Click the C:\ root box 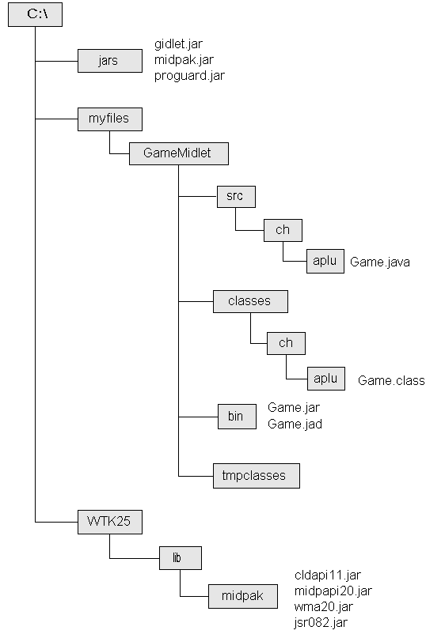click(x=35, y=14)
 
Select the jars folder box click(x=110, y=61)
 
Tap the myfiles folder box click(x=110, y=119)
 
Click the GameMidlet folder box click(x=179, y=153)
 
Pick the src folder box click(x=236, y=197)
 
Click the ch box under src click(x=283, y=230)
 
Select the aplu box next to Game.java click(x=325, y=261)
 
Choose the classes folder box click(x=250, y=301)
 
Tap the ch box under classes click(x=286, y=343)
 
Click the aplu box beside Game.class click(x=326, y=379)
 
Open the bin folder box click(x=237, y=417)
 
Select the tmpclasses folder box click(x=257, y=476)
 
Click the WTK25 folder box click(x=110, y=522)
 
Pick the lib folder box click(x=181, y=558)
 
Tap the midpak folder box click(x=243, y=596)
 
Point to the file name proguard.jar click(x=189, y=76)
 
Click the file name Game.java click(x=380, y=262)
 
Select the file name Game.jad click(x=295, y=424)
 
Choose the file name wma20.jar click(x=324, y=606)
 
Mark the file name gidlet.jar click(x=178, y=43)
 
